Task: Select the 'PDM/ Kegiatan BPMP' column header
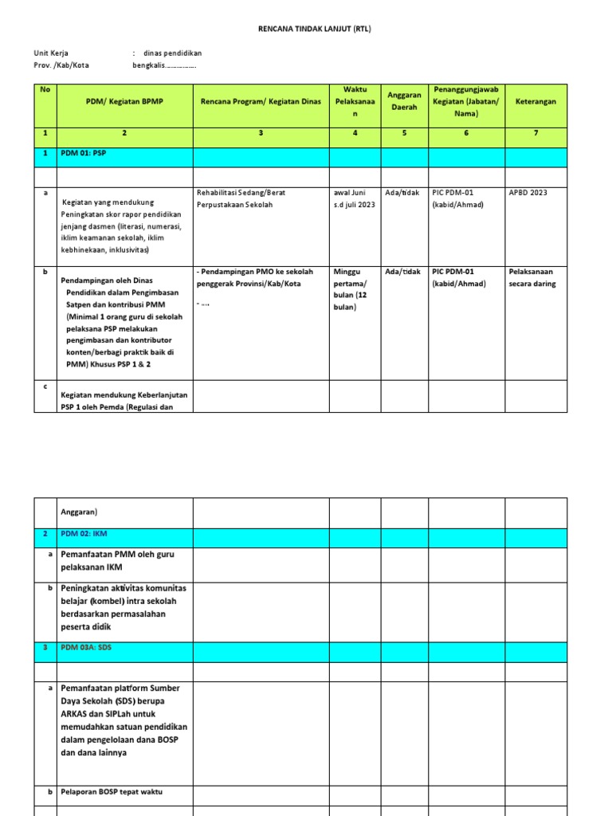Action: coord(124,102)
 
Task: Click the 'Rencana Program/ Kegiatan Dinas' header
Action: coord(261,102)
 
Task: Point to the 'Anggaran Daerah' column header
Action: coord(404,101)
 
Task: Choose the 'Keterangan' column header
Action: coord(535,102)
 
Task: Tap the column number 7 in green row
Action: coord(535,133)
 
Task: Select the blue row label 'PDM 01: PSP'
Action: coord(84,153)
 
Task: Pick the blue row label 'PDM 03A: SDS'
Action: coord(87,648)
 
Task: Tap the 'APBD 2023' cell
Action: coord(528,192)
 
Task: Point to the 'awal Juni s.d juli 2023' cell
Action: coord(355,198)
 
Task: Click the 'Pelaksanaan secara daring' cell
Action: coord(532,277)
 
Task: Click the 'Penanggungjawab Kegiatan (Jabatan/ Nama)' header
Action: coord(466,101)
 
